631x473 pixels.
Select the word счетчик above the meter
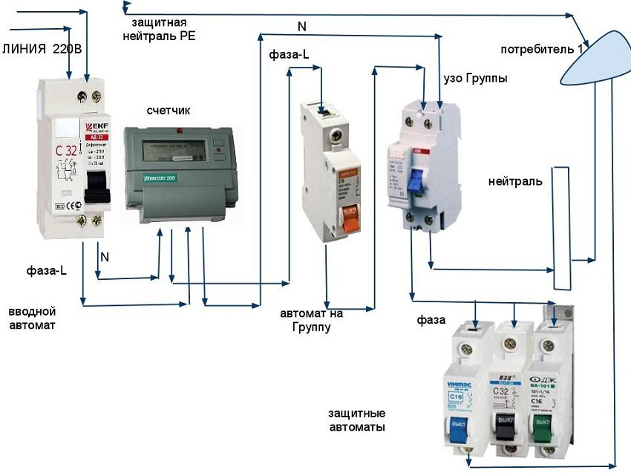[169, 111]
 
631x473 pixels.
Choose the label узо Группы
[474, 77]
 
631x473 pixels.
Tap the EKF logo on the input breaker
[97, 128]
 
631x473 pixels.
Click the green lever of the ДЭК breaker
[543, 430]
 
